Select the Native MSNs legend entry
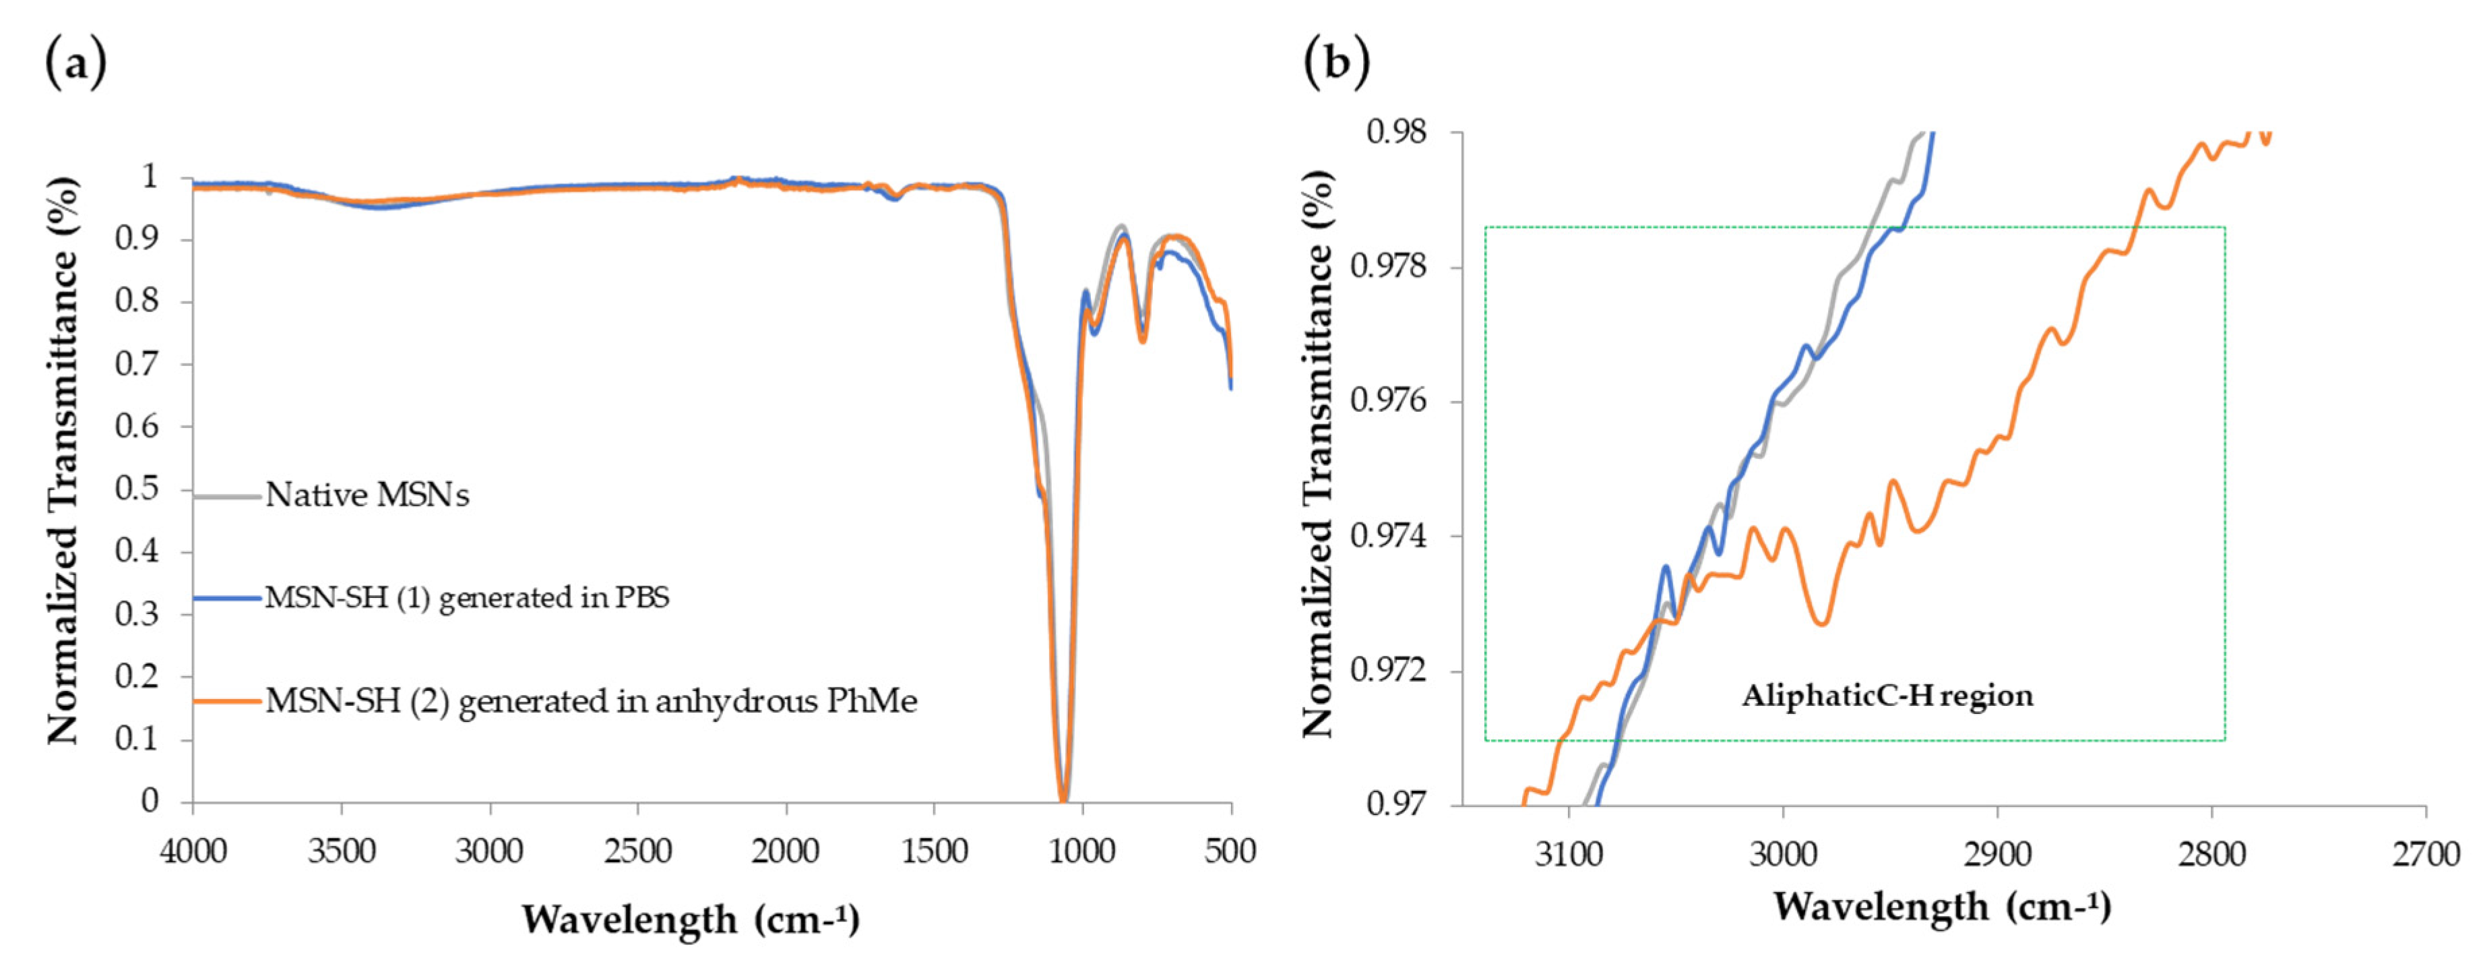click(367, 495)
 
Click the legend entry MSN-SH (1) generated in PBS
click(467, 598)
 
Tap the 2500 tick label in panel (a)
click(637, 851)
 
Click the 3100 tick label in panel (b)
click(1569, 854)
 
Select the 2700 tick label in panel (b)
click(2425, 854)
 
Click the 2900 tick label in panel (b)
click(1997, 854)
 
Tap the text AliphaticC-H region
click(1887, 696)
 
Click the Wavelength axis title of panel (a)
click(691, 920)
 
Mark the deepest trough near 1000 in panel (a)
click(1063, 797)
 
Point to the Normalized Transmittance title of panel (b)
click(1318, 454)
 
